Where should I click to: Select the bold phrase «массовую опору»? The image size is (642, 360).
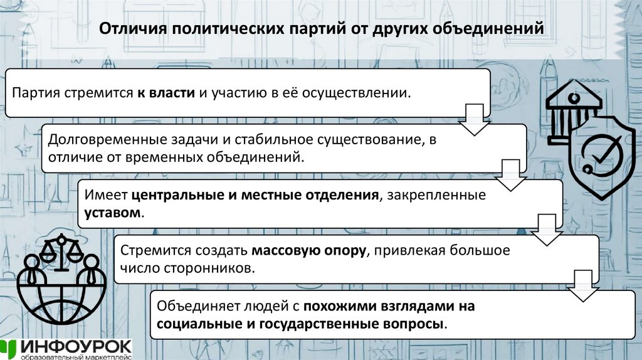click(x=309, y=251)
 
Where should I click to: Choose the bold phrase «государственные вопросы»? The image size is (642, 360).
click(x=349, y=324)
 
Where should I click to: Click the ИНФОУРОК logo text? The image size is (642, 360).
click(x=75, y=346)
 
